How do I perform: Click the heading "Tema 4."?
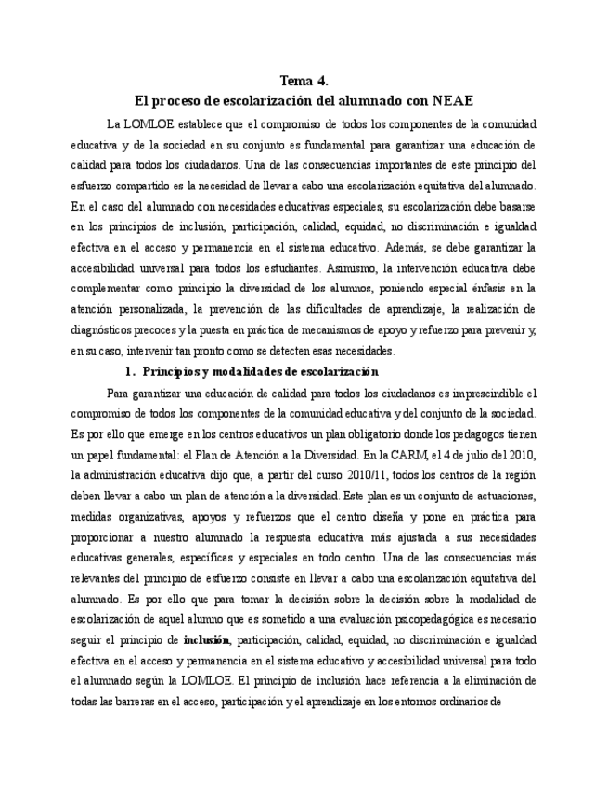pyautogui.click(x=304, y=81)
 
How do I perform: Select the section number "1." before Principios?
pyautogui.click(x=131, y=371)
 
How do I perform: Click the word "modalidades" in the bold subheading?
pyautogui.click(x=245, y=371)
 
